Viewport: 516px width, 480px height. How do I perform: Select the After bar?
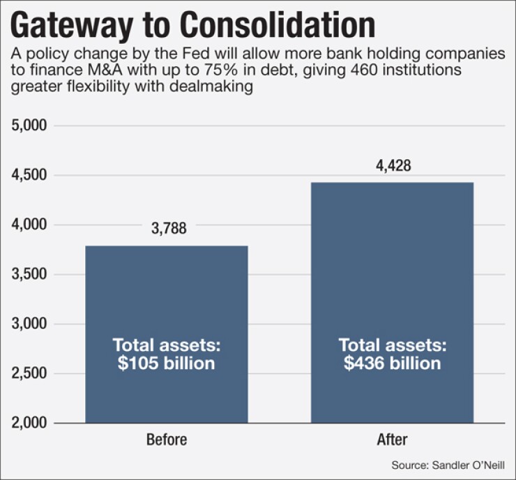[x=392, y=279]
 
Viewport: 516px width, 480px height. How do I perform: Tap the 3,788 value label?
[x=167, y=228]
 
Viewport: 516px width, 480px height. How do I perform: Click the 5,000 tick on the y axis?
[x=30, y=126]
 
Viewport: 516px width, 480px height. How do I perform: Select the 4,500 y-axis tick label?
[x=30, y=175]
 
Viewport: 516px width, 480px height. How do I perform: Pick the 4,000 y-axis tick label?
[x=30, y=225]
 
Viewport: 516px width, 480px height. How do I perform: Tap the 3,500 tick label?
[x=30, y=274]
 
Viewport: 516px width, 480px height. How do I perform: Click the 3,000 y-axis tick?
[x=30, y=324]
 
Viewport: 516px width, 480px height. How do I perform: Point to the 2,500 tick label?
[x=30, y=373]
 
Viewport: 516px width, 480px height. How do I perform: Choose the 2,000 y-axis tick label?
[x=30, y=423]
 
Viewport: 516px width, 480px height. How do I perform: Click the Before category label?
[x=167, y=440]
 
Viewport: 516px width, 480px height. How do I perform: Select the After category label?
[x=392, y=440]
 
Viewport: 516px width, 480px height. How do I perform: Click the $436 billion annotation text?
[x=392, y=363]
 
